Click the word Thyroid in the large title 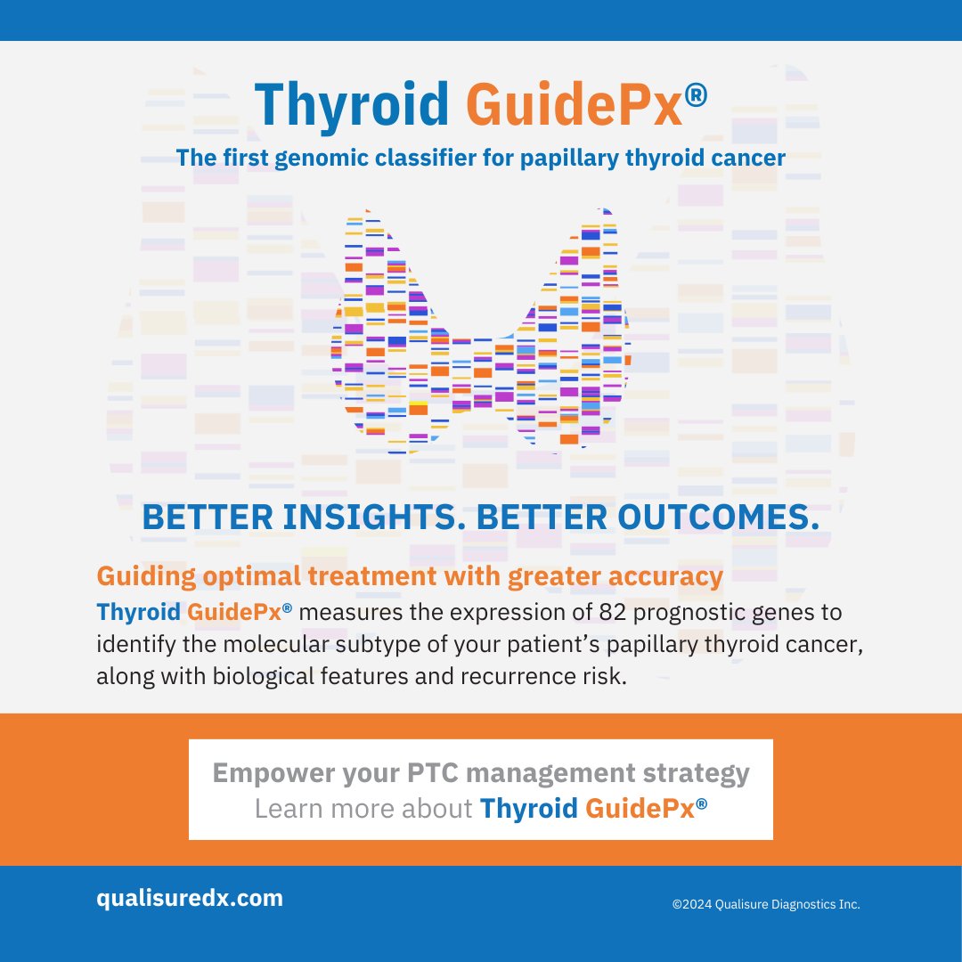[x=352, y=104]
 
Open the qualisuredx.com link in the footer [x=190, y=898]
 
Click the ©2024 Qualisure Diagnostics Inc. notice [x=766, y=904]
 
